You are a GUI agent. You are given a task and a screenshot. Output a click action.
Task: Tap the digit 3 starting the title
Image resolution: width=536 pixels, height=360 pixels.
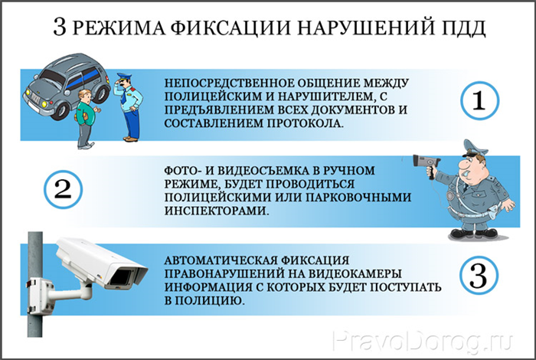tap(60, 27)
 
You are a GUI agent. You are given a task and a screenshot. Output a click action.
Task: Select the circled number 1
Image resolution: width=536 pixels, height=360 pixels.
tap(479, 100)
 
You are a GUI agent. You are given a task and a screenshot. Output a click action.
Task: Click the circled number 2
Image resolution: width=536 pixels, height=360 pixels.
tap(63, 190)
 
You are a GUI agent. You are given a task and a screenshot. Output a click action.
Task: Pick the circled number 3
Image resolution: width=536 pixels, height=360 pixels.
tap(479, 277)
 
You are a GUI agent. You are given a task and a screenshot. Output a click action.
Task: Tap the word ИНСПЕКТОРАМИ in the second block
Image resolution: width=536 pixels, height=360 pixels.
tap(216, 211)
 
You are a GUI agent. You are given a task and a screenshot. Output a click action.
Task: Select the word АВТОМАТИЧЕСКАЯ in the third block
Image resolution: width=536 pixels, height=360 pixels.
tap(221, 260)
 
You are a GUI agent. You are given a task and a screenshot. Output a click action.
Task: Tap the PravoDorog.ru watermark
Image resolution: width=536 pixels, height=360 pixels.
tap(423, 341)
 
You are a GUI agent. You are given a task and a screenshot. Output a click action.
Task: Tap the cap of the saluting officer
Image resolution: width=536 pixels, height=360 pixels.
tap(124, 77)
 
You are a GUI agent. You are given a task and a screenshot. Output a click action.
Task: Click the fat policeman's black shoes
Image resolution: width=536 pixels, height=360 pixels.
tap(473, 234)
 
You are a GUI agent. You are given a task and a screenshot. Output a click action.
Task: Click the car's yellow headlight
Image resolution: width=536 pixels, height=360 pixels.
tap(44, 103)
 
